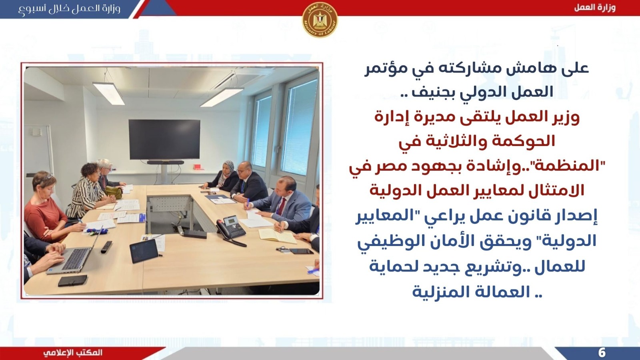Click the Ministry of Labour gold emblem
pos(320,20)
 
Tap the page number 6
pos(602,353)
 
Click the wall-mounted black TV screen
pos(164,140)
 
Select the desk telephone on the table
pos(231,230)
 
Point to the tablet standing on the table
pos(144,250)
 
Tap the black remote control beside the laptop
pos(106,247)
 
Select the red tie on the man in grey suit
pos(282,206)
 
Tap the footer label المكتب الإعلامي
pos(73,353)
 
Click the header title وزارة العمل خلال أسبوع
pos(70,8)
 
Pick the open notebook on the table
pos(278,236)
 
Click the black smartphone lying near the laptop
pos(72,281)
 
